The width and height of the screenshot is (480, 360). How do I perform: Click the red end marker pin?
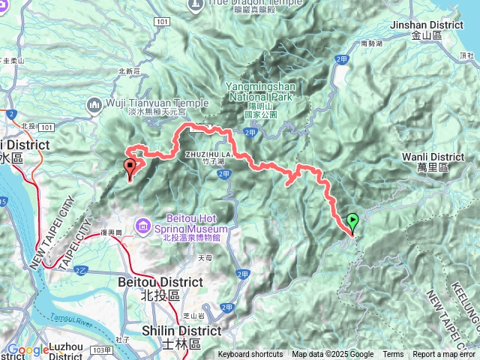point(130,166)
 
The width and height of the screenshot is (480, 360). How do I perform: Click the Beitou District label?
point(160,282)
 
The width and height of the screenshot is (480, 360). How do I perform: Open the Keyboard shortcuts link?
point(250,355)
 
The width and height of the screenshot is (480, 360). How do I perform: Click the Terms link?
point(393,355)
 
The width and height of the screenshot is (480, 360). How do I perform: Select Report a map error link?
point(443,355)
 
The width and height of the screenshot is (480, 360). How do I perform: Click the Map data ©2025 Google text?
point(333,355)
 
